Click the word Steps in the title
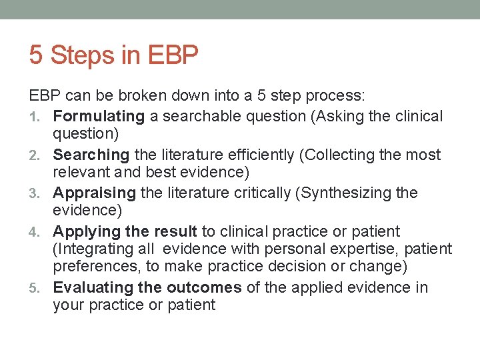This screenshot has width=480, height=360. [82, 56]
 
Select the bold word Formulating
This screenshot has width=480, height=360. [99, 117]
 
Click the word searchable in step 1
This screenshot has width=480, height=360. [198, 117]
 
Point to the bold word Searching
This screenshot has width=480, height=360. [91, 155]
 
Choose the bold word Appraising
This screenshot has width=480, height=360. [95, 193]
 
